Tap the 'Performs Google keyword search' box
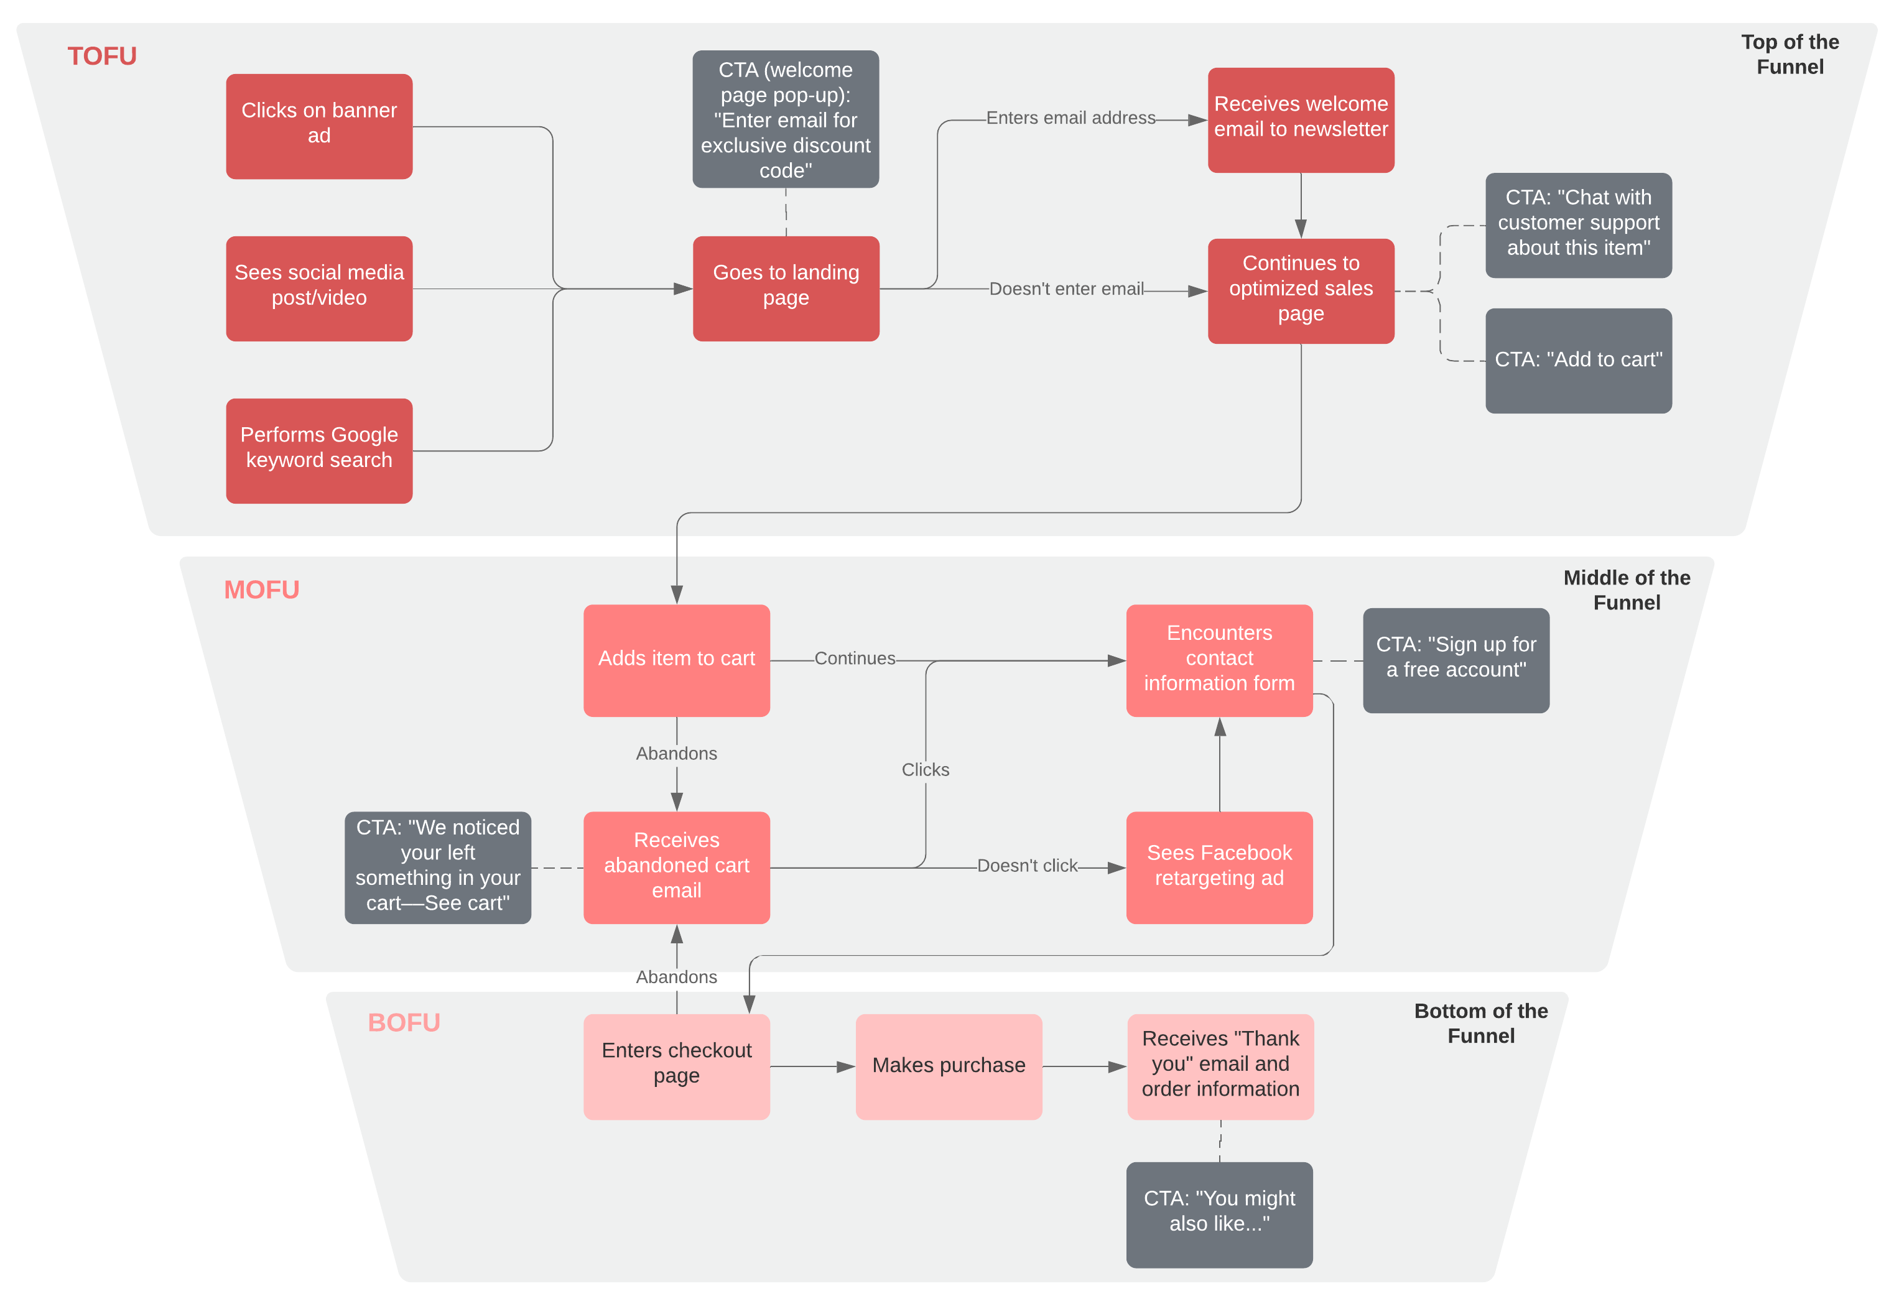click(x=318, y=450)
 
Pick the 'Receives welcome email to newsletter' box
click(x=1300, y=119)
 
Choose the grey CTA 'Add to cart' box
click(x=1578, y=360)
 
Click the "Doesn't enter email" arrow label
click(x=1066, y=289)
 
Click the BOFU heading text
click(x=404, y=1022)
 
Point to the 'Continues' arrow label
click(x=854, y=658)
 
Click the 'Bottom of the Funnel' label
click(x=1480, y=1023)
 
